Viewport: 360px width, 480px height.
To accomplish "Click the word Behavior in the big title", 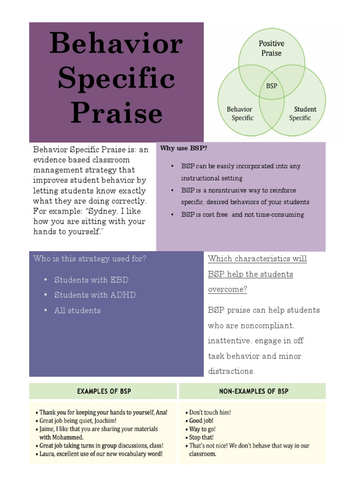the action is [x=116, y=44].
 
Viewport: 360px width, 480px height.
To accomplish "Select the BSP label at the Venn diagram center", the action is [x=271, y=86].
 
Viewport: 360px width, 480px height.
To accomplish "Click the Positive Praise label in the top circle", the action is [x=271, y=48].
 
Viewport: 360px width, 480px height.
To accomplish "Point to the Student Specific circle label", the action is [x=302, y=113].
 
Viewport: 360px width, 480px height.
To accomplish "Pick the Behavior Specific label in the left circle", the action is [x=240, y=113].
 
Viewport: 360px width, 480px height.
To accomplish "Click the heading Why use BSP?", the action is [x=184, y=149].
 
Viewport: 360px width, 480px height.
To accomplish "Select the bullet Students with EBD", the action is [x=91, y=280].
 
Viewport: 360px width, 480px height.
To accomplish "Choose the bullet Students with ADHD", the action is [x=95, y=295].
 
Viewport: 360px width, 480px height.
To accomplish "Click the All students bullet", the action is [x=77, y=310].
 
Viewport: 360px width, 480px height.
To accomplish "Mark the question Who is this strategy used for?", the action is [x=90, y=259].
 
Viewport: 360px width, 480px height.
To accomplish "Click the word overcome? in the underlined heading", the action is [x=227, y=289].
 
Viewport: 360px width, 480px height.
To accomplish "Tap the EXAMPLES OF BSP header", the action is [x=104, y=391].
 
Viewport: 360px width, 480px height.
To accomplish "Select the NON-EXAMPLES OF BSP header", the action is [x=254, y=391].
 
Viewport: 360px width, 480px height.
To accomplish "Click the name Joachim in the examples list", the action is [x=98, y=421].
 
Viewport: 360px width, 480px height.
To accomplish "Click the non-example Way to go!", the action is [x=202, y=429].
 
